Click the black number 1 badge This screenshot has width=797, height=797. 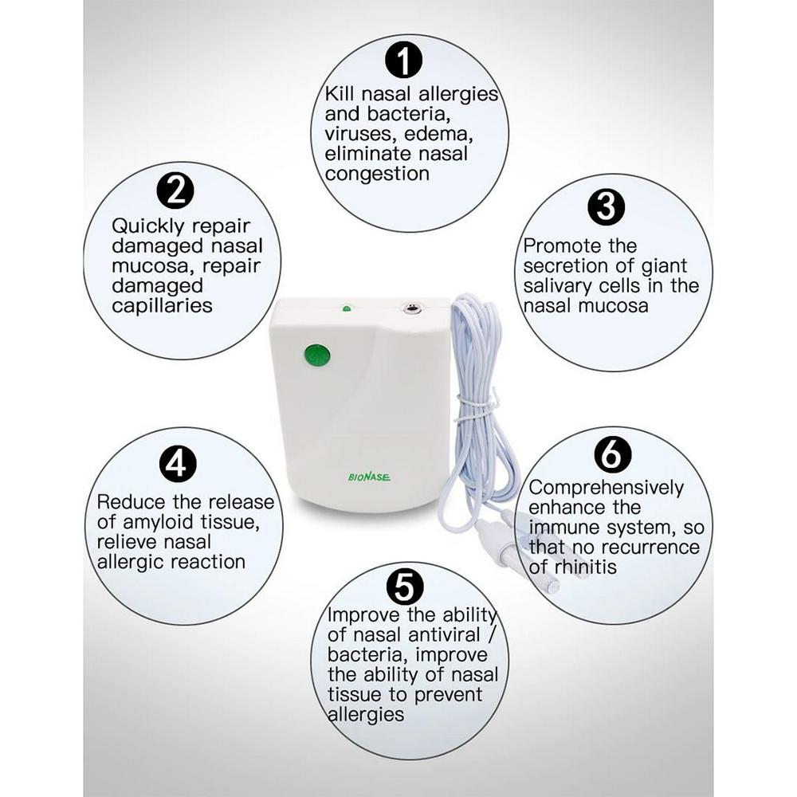[x=403, y=60]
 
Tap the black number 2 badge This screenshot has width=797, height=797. [x=175, y=190]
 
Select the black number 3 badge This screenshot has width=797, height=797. [x=606, y=207]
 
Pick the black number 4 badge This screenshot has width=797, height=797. [x=178, y=464]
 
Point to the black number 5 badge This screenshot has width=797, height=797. [x=405, y=585]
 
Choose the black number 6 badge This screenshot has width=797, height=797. [x=613, y=454]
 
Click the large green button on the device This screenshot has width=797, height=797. [x=316, y=355]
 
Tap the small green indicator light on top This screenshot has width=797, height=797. [x=346, y=308]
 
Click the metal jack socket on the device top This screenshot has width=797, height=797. [x=410, y=308]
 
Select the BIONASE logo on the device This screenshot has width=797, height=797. [x=370, y=477]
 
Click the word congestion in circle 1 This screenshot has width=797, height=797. [x=377, y=175]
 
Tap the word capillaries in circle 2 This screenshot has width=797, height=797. [x=162, y=306]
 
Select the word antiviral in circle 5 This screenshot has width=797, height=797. [x=444, y=635]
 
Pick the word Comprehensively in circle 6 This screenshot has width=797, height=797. [x=606, y=488]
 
